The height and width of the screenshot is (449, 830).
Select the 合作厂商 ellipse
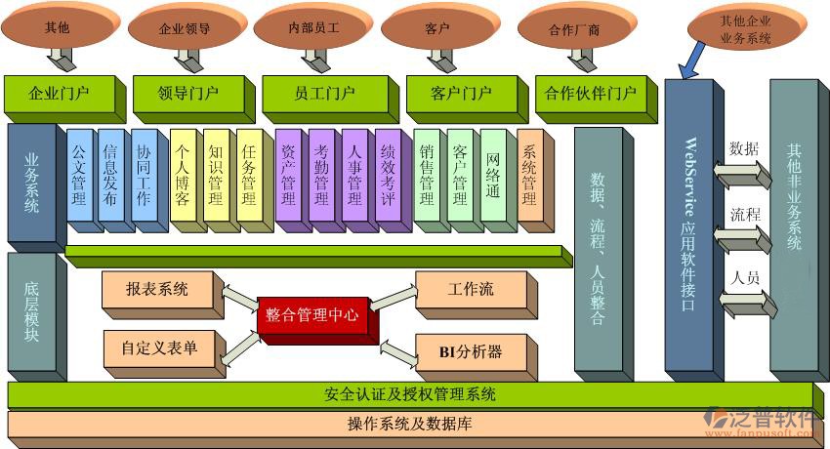pos(573,29)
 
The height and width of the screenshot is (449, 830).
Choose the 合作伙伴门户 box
pos(590,95)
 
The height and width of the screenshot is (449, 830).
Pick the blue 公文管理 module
pos(80,178)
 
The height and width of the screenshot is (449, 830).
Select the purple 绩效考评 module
pos(388,178)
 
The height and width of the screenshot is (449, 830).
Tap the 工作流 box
pos(470,290)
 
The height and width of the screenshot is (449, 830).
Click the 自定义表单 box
pos(158,347)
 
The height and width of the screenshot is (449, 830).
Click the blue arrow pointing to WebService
pos(689,61)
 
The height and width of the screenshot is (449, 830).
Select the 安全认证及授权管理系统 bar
pos(410,395)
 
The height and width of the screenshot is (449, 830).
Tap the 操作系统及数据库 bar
pos(410,425)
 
